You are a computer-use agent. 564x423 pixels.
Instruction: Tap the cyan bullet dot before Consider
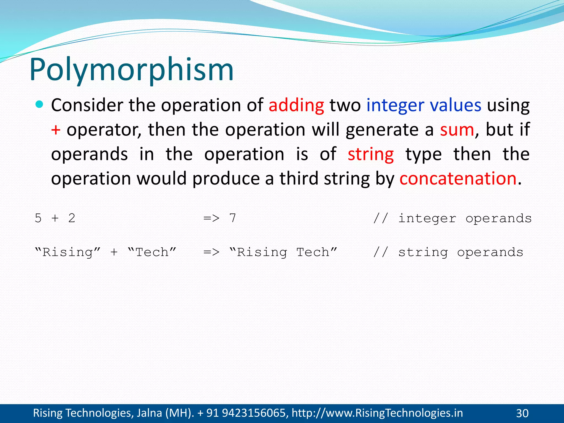40,104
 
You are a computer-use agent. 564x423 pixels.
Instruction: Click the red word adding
296,105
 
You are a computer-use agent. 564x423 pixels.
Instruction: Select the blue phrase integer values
424,105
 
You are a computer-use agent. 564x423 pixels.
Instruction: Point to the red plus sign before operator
56,130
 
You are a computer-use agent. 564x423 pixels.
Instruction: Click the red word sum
457,130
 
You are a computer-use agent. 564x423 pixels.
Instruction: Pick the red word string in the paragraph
371,154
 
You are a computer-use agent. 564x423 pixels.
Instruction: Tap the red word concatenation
458,178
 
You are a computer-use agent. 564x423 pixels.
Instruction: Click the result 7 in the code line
233,218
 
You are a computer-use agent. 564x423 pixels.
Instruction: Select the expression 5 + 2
55,218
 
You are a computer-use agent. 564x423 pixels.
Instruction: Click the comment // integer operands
452,218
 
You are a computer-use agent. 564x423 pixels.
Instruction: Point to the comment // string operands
448,252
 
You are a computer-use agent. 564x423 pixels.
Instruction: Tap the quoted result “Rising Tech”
283,252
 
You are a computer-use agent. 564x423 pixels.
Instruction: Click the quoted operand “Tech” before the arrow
152,252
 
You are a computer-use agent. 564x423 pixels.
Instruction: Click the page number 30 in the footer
522,413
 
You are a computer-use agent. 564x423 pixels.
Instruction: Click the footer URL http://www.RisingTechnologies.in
377,413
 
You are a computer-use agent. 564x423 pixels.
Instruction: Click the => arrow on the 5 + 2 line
211,218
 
